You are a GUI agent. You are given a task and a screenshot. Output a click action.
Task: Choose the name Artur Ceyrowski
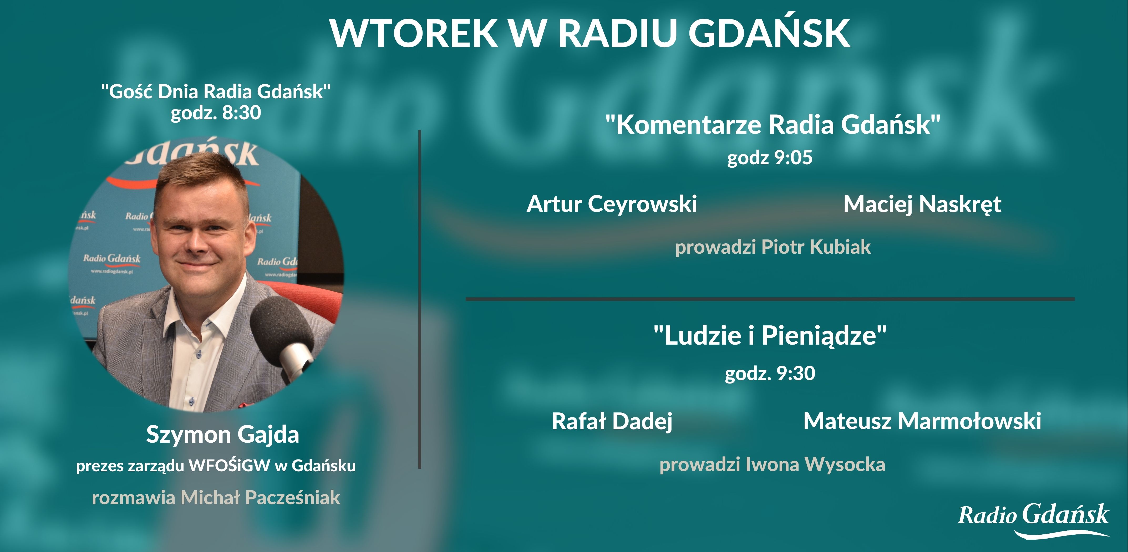pyautogui.click(x=611, y=204)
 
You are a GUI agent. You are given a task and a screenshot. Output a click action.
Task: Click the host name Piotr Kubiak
pyautogui.click(x=816, y=247)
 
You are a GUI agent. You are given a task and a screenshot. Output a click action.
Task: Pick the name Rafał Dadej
pyautogui.click(x=612, y=421)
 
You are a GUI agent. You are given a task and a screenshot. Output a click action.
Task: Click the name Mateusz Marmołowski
pyautogui.click(x=922, y=421)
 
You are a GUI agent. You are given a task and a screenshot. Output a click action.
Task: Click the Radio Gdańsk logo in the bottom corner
pyautogui.click(x=1033, y=518)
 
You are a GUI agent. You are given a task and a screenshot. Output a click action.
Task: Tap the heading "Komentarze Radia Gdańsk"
pyautogui.click(x=773, y=125)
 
